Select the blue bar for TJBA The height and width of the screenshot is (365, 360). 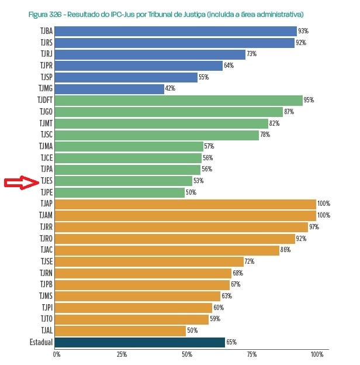[x=176, y=32]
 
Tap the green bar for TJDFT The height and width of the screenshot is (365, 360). [x=179, y=101]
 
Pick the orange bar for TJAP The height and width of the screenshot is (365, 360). [x=186, y=204]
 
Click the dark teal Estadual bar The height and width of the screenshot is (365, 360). [x=140, y=342]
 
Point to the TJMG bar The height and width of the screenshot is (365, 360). [x=110, y=89]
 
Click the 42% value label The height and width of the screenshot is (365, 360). [x=170, y=89]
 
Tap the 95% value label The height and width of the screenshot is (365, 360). [x=309, y=101]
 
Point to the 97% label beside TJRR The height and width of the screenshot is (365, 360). [x=314, y=227]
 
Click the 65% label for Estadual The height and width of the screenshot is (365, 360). [x=231, y=342]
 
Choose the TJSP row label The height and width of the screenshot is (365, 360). [x=46, y=77]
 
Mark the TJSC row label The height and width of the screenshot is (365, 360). [x=46, y=135]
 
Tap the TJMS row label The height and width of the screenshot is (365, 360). [x=46, y=296]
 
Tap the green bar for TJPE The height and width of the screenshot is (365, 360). [x=120, y=192]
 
